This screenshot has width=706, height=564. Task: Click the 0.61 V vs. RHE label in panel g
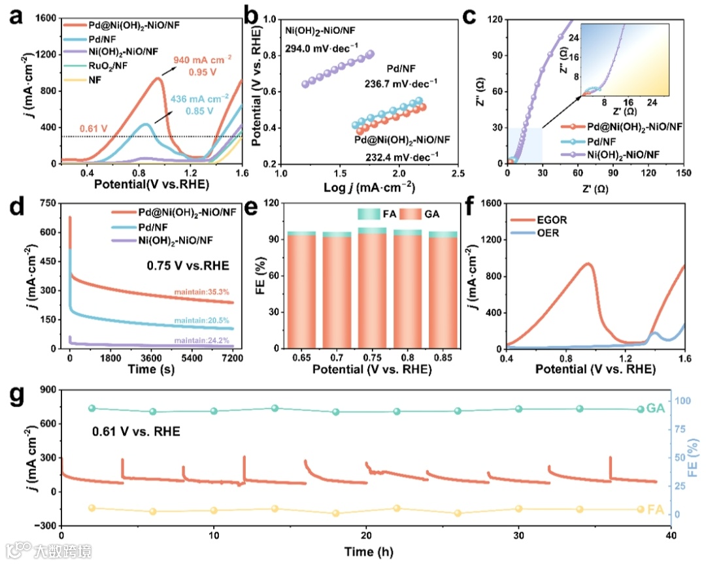click(x=135, y=431)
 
